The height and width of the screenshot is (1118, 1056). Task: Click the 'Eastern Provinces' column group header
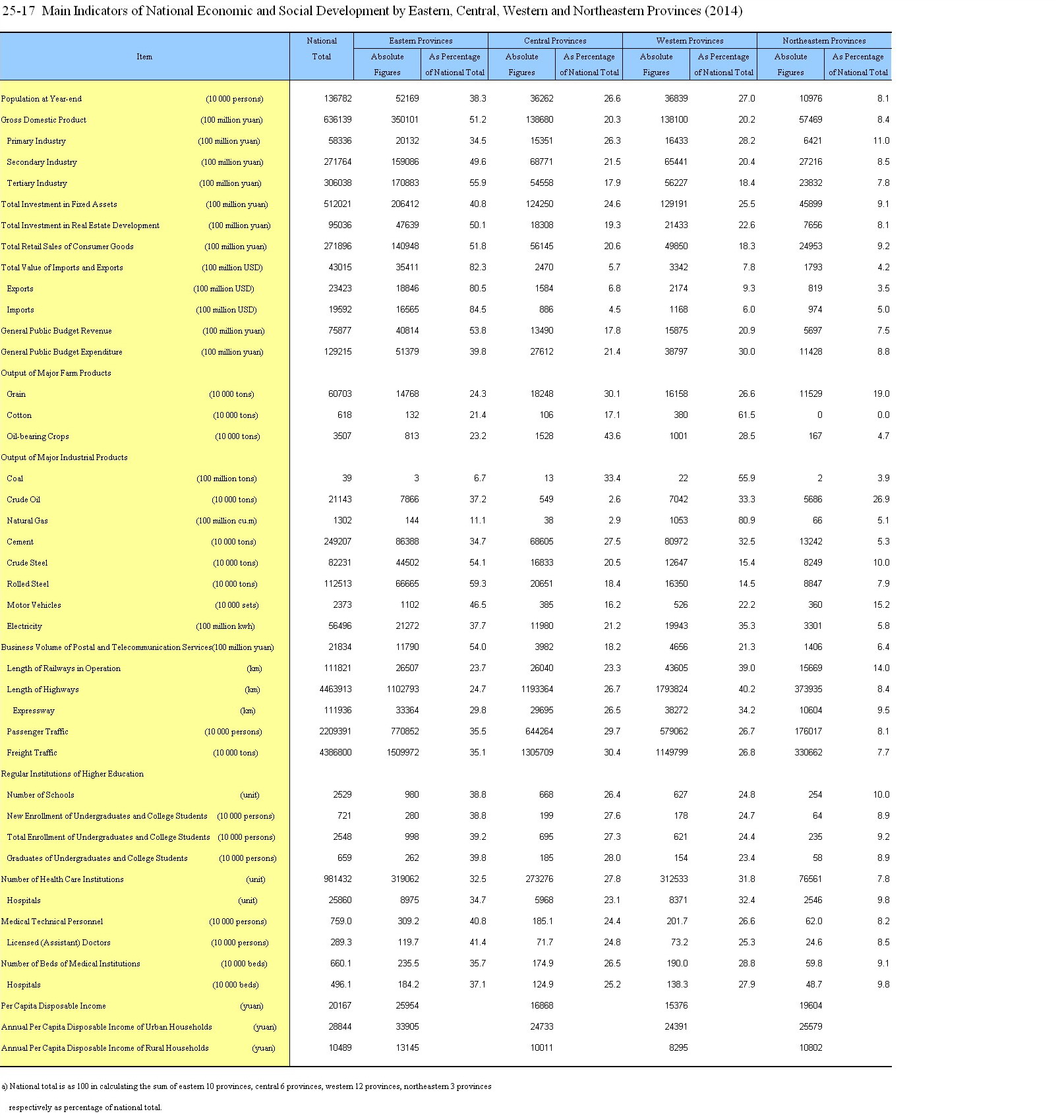pos(421,41)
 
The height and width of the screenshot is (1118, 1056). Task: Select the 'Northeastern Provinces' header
pos(824,41)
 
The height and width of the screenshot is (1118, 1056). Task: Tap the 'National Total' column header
pos(322,49)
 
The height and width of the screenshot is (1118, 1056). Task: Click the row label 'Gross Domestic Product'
pos(44,120)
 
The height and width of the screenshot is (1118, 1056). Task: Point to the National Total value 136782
pos(337,99)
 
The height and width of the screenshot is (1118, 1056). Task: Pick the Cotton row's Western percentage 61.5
pos(746,415)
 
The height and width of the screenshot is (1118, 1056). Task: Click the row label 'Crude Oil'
pos(24,500)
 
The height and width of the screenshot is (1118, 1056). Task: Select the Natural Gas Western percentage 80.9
pos(746,521)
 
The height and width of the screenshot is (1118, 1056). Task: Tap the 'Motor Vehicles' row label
pos(34,605)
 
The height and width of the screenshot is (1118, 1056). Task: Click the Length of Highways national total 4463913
pos(336,690)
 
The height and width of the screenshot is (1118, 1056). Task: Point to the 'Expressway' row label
pos(34,711)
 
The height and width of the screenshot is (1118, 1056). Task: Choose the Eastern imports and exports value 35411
pos(405,268)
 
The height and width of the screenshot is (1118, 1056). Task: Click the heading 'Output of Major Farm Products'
pos(56,373)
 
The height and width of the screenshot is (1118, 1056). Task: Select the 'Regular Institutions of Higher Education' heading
pos(72,774)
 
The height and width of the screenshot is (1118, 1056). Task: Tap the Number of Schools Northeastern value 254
pos(815,795)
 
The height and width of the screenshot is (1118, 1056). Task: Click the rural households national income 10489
pos(340,1048)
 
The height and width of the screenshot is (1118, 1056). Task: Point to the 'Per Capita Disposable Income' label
pos(53,1006)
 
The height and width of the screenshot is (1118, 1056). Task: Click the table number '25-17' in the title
pos(18,11)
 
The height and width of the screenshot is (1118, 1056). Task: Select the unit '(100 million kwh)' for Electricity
pos(225,626)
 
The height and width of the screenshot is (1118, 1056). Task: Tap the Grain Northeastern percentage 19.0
pos(881,394)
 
